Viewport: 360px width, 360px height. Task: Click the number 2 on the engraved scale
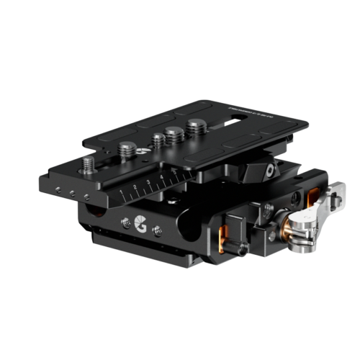point(135,189)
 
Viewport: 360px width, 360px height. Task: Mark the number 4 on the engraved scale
point(162,177)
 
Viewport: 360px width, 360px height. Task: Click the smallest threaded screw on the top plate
point(156,141)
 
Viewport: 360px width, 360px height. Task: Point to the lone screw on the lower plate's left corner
point(89,167)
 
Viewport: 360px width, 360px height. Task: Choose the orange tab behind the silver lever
point(313,195)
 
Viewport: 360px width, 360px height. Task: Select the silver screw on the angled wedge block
point(268,172)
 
